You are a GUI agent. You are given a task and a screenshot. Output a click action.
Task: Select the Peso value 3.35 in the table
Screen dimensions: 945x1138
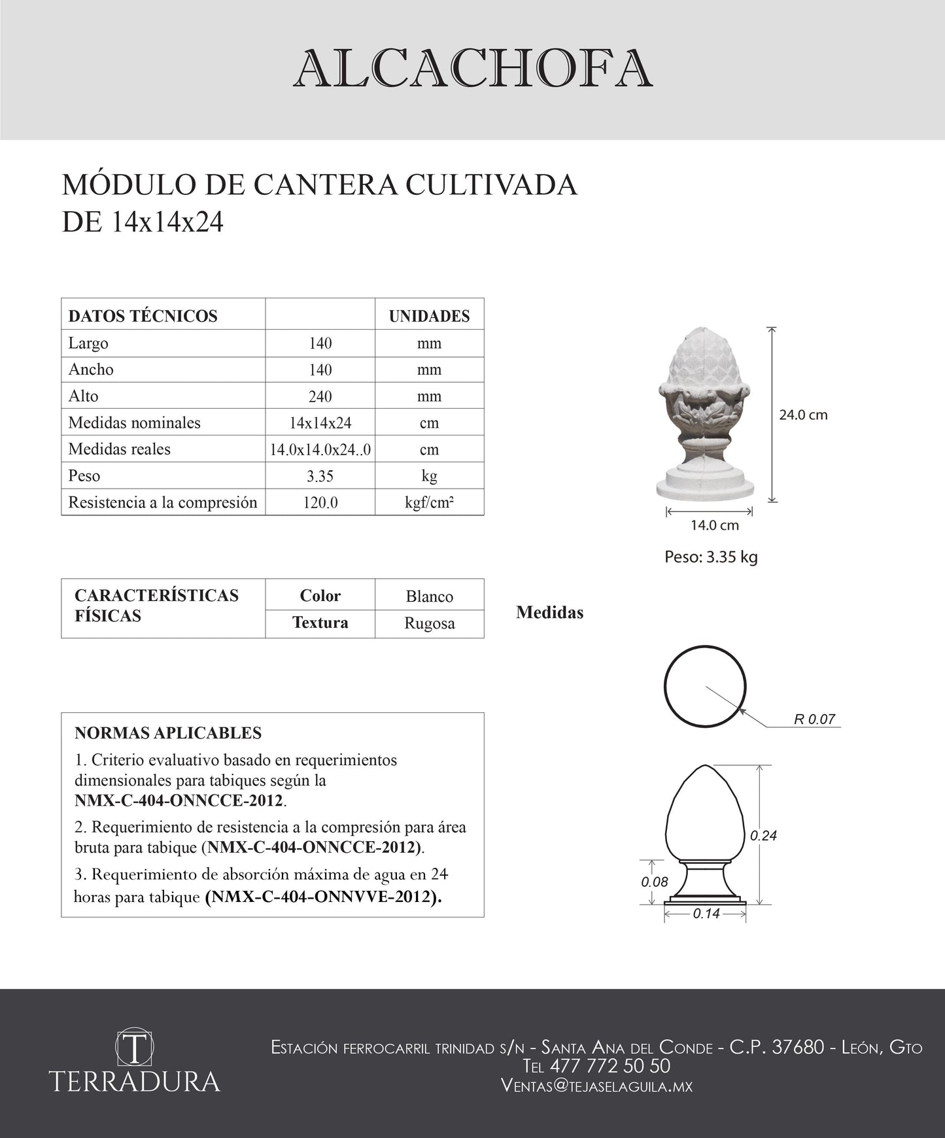(x=320, y=476)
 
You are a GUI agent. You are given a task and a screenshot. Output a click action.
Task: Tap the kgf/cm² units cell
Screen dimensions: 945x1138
(x=429, y=502)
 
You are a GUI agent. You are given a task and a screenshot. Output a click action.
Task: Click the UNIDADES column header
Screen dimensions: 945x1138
(x=429, y=316)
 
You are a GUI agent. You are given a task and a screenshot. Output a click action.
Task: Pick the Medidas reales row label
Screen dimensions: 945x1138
(x=119, y=449)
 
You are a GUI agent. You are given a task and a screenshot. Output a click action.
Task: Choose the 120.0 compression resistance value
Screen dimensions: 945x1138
(x=320, y=503)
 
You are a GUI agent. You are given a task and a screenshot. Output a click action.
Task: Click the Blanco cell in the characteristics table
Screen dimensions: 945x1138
(x=429, y=596)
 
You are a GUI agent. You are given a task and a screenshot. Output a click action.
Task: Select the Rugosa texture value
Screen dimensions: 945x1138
(x=429, y=623)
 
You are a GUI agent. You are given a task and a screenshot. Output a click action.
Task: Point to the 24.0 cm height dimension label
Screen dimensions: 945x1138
(x=803, y=415)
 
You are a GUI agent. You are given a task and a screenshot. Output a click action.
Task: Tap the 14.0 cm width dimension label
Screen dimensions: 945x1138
(x=715, y=525)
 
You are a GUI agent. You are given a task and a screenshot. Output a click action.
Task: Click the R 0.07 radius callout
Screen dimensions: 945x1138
(x=814, y=719)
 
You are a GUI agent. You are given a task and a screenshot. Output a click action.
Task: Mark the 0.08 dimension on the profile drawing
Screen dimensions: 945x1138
(x=655, y=882)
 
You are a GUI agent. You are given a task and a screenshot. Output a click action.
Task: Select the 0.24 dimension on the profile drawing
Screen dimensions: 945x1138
(x=763, y=835)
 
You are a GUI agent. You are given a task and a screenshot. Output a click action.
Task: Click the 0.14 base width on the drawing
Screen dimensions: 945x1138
(x=706, y=914)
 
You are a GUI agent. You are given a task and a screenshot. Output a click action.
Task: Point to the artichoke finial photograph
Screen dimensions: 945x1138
(x=705, y=412)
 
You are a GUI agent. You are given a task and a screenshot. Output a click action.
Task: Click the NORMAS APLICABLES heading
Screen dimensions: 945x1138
(x=168, y=733)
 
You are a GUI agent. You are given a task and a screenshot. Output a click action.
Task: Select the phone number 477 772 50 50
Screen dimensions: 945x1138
(x=610, y=1066)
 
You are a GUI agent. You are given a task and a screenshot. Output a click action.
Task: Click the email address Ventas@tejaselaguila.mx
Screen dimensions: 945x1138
(x=596, y=1086)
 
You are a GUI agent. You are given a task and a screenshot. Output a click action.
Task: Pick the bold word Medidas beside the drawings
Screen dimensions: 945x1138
(x=549, y=613)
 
